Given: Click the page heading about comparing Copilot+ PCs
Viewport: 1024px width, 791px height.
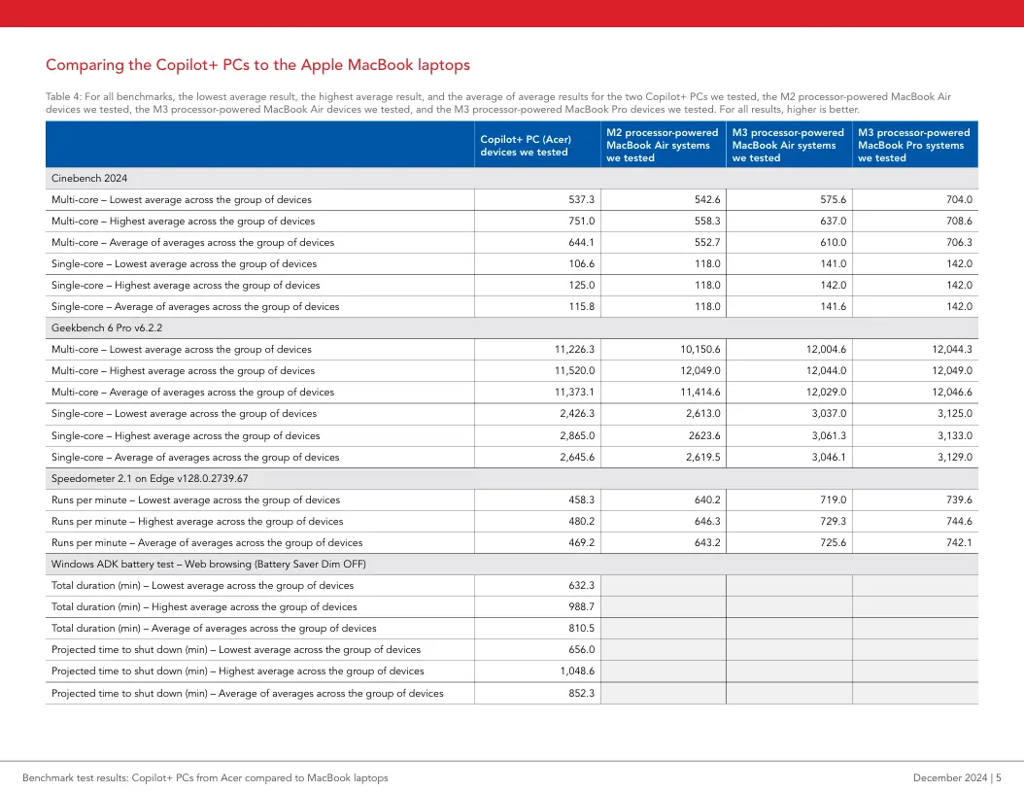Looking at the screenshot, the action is (257, 65).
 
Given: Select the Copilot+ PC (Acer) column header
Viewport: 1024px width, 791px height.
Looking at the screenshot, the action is (526, 145).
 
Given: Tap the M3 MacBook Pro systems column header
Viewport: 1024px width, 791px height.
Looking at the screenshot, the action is (913, 145).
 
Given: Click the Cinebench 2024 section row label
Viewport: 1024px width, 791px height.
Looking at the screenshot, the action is (89, 179).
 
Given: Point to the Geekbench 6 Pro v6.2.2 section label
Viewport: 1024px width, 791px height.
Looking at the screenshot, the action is (107, 327).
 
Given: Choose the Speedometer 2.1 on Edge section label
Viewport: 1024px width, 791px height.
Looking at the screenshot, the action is (150, 478).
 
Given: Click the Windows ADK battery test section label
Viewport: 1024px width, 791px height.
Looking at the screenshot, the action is (208, 564).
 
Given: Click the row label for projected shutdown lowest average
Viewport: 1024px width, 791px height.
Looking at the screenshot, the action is (236, 649).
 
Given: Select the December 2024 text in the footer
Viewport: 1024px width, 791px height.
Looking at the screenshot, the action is (950, 777).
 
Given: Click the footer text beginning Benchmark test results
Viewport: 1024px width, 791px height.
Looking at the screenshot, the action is (205, 777).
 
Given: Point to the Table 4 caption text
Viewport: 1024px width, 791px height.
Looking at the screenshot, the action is (498, 103).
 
